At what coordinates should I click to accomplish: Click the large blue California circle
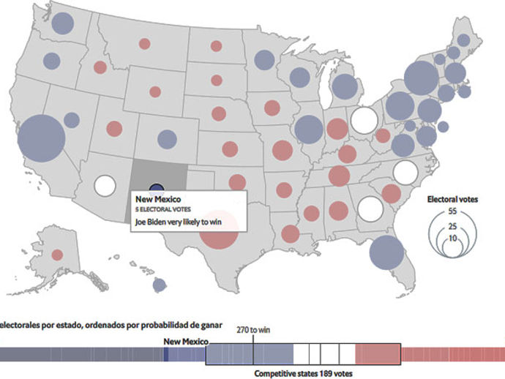coord(41,138)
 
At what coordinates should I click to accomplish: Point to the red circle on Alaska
coord(57,255)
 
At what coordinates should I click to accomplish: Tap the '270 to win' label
coord(254,329)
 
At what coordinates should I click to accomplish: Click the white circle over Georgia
coord(371,209)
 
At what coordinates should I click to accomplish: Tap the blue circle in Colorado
coord(167,138)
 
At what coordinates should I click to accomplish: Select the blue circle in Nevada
coord(71,120)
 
